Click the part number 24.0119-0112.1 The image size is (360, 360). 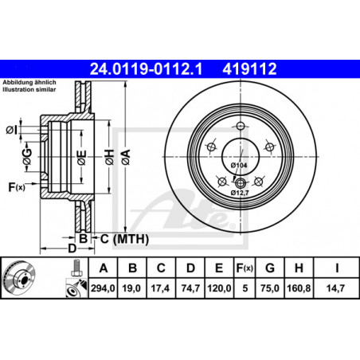pyautogui.click(x=147, y=68)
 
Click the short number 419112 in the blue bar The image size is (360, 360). pyautogui.click(x=249, y=68)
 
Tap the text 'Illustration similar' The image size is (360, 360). pyautogui.click(x=29, y=89)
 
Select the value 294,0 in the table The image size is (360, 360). pyautogui.click(x=103, y=288)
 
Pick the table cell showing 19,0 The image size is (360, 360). pyautogui.click(x=131, y=288)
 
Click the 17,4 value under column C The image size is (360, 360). pyautogui.click(x=161, y=288)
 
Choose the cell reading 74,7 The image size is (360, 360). pyautogui.click(x=190, y=288)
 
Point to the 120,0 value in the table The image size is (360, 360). pyautogui.click(x=219, y=288)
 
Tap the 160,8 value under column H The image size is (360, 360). pyautogui.click(x=299, y=288)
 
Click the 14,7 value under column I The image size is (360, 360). pyautogui.click(x=335, y=288)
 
